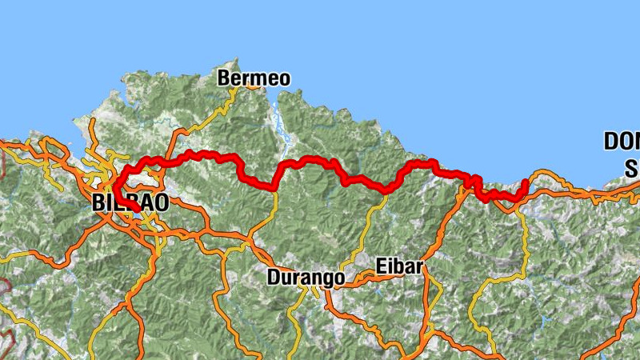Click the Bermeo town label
click(254, 78)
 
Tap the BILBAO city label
click(130, 202)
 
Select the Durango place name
click(306, 278)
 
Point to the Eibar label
click(398, 267)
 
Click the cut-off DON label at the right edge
click(622, 142)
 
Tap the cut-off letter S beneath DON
click(632, 169)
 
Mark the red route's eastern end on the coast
click(524, 183)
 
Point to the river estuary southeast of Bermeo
click(279, 120)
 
